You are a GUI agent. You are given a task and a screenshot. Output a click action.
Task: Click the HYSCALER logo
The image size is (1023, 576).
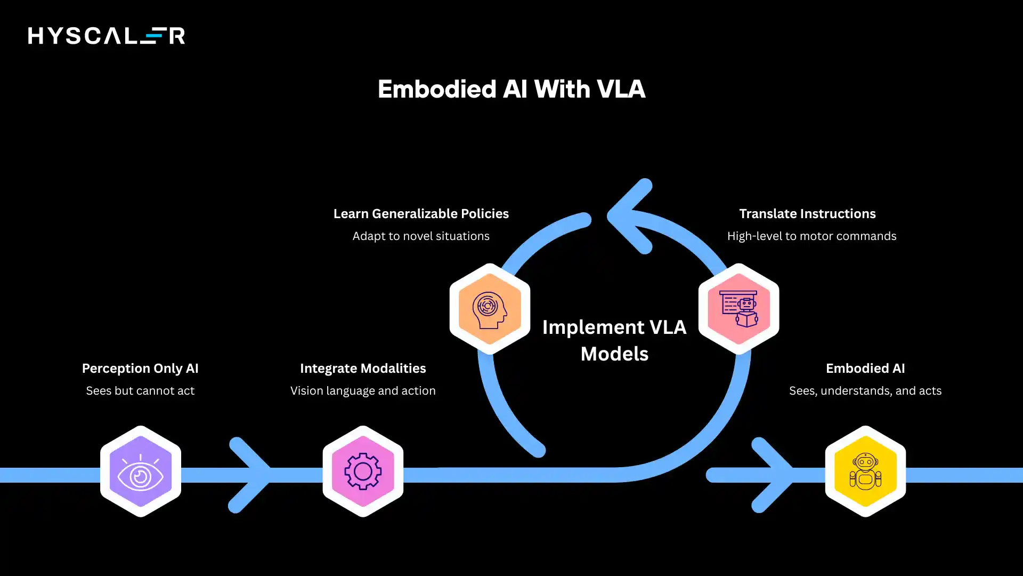(x=107, y=36)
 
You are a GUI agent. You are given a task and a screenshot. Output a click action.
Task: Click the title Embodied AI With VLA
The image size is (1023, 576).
(x=511, y=89)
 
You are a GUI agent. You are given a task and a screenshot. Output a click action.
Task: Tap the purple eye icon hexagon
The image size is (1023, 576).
(x=141, y=471)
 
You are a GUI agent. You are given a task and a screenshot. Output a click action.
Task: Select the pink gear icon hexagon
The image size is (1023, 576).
(x=363, y=471)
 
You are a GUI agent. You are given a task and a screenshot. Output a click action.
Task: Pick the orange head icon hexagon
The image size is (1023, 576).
(x=490, y=309)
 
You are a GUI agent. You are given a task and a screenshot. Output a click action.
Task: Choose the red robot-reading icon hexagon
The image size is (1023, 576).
(x=738, y=309)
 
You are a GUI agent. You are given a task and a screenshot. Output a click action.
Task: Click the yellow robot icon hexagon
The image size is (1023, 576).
(x=865, y=471)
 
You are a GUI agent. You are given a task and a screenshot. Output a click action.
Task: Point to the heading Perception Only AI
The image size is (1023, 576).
(x=140, y=369)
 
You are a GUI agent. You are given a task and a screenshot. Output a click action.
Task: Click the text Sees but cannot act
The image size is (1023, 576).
(x=140, y=391)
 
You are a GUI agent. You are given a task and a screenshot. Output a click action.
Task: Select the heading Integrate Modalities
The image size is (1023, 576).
(x=363, y=369)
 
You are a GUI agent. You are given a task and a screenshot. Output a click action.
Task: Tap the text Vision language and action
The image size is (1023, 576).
(x=363, y=391)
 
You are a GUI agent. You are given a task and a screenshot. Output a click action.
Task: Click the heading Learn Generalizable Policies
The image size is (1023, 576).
(x=421, y=214)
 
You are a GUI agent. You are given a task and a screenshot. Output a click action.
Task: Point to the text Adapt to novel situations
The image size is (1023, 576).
(x=421, y=236)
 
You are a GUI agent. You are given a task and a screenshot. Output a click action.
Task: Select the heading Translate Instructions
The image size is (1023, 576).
(x=807, y=214)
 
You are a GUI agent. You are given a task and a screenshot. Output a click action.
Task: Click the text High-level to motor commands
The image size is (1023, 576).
(x=811, y=236)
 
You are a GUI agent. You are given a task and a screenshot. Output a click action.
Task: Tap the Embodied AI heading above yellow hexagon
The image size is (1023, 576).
(x=865, y=369)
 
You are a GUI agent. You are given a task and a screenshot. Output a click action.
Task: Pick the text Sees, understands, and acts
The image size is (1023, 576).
(x=865, y=391)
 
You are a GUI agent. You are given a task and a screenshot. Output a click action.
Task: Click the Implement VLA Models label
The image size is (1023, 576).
(x=614, y=340)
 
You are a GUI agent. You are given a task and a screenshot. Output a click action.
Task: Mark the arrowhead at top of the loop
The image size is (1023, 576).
(x=629, y=216)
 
